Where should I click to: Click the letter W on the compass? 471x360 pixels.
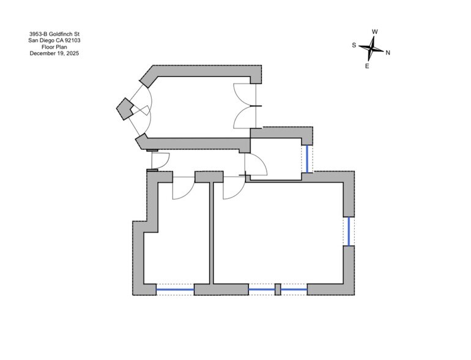tap(374, 32)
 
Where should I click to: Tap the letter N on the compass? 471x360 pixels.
tap(388, 53)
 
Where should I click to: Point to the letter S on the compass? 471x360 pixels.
tap(354, 45)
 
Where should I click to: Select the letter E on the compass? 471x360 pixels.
tap(367, 66)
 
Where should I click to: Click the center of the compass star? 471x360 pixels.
tap(371, 48)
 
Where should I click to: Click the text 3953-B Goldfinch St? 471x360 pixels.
tap(54, 34)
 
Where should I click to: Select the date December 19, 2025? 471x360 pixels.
tap(54, 53)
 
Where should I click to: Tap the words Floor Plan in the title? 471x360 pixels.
tap(54, 47)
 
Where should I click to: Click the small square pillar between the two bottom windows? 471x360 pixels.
tap(278, 290)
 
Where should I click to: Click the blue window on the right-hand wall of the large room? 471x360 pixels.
tap(349, 231)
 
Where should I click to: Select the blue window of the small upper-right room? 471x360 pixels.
tap(307, 159)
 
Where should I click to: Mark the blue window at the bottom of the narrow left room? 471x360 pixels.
tap(175, 290)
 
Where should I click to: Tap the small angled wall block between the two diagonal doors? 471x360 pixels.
tap(124, 108)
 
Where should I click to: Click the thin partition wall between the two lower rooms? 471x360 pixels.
tap(211, 233)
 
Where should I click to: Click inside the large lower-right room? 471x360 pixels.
tap(278, 233)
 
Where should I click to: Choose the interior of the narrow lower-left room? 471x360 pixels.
tap(180, 241)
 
